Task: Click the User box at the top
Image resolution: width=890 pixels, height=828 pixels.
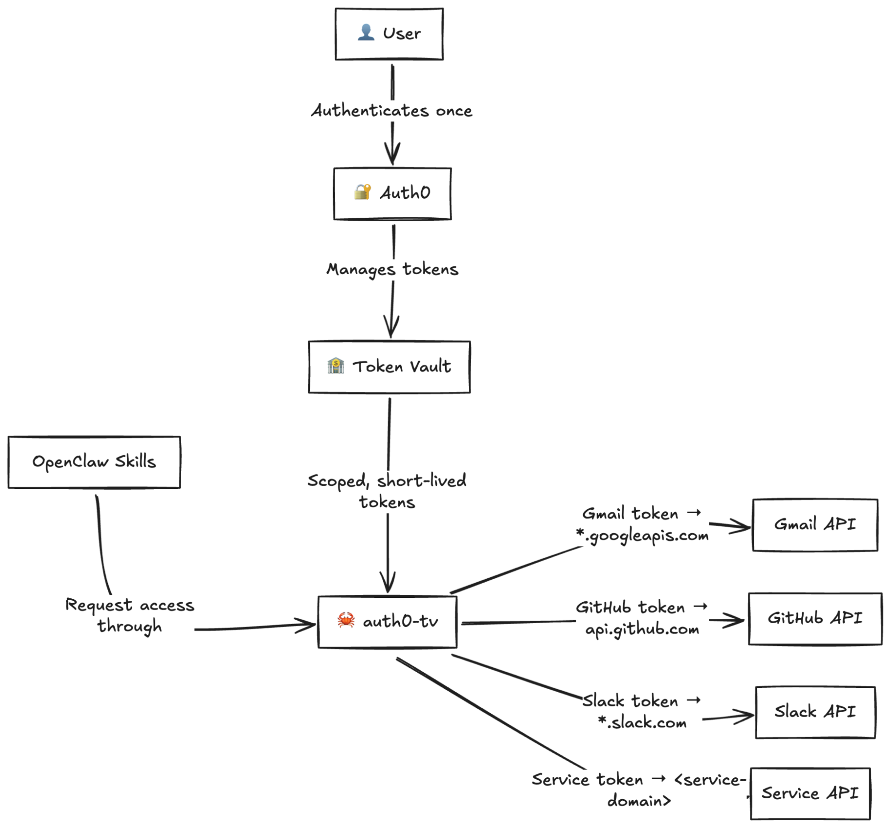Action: coord(389,34)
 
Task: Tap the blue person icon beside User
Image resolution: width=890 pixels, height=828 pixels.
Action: coord(366,32)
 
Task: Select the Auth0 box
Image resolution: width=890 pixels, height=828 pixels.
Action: coord(392,193)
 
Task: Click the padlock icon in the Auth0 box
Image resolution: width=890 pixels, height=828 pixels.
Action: coord(362,192)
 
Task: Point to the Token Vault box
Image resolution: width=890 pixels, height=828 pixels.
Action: coord(389,367)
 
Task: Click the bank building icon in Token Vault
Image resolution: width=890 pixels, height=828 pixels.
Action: coord(336,365)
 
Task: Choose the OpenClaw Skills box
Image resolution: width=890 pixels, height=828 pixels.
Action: coord(94,462)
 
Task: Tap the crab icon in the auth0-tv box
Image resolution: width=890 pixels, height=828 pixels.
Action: coord(346,620)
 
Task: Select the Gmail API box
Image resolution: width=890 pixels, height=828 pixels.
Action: coord(815,524)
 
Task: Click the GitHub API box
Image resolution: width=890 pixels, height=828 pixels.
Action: coord(815,618)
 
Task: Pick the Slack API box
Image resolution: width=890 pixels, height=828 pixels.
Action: coord(815,712)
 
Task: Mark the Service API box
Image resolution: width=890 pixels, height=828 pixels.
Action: coord(810,794)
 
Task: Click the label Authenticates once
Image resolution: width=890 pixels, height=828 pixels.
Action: coord(392,110)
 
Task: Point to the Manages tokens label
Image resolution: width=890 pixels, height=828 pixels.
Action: coord(392,269)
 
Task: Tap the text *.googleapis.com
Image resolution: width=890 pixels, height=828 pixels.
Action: coord(642,535)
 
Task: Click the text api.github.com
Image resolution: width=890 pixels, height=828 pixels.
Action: coord(642,629)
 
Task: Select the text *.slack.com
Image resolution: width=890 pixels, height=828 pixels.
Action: coord(642,722)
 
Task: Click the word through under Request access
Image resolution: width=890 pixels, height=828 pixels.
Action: coord(130,626)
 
